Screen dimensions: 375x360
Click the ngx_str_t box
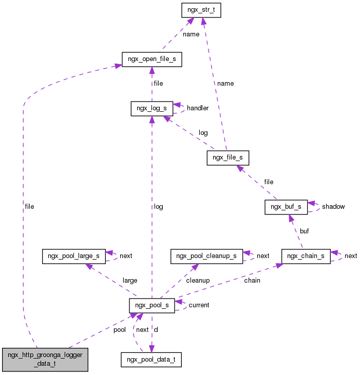(201, 10)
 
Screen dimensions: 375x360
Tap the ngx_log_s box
(151, 108)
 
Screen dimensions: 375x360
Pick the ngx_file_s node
(228, 157)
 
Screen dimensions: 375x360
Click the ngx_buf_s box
(286, 207)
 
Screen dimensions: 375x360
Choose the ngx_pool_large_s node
(74, 256)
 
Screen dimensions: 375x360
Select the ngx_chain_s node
(306, 256)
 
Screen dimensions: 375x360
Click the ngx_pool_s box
(151, 305)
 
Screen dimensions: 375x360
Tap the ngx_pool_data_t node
(151, 360)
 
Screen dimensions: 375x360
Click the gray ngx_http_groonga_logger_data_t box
(45, 360)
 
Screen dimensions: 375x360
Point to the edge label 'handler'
(198, 108)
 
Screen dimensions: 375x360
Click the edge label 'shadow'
(333, 207)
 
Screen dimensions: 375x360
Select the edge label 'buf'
(304, 231)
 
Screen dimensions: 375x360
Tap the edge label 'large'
(129, 281)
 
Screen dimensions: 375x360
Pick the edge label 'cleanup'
(197, 281)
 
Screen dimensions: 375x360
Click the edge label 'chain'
(252, 281)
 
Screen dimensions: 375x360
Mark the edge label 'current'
(199, 305)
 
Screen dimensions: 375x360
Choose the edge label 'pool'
(119, 330)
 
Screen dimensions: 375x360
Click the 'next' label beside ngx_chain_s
(351, 256)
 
